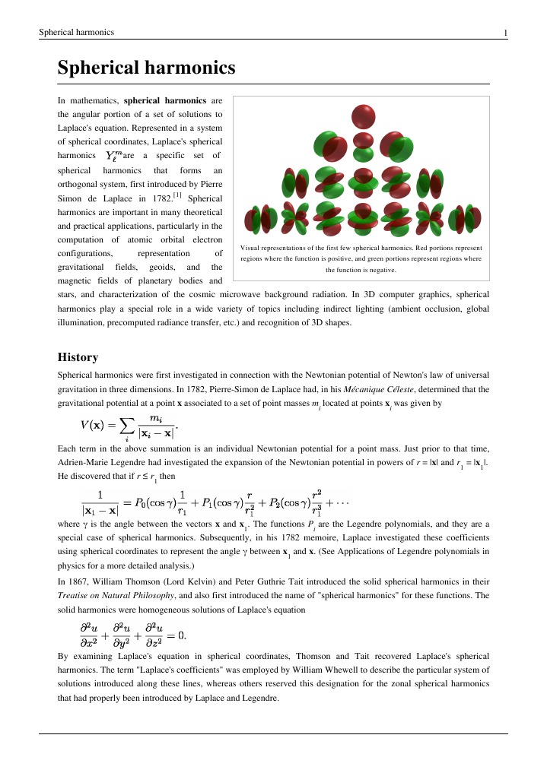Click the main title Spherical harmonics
point(146,68)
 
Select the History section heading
point(78,356)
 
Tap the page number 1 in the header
point(505,33)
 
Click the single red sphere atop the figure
point(363,116)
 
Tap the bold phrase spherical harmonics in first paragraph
point(164,100)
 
